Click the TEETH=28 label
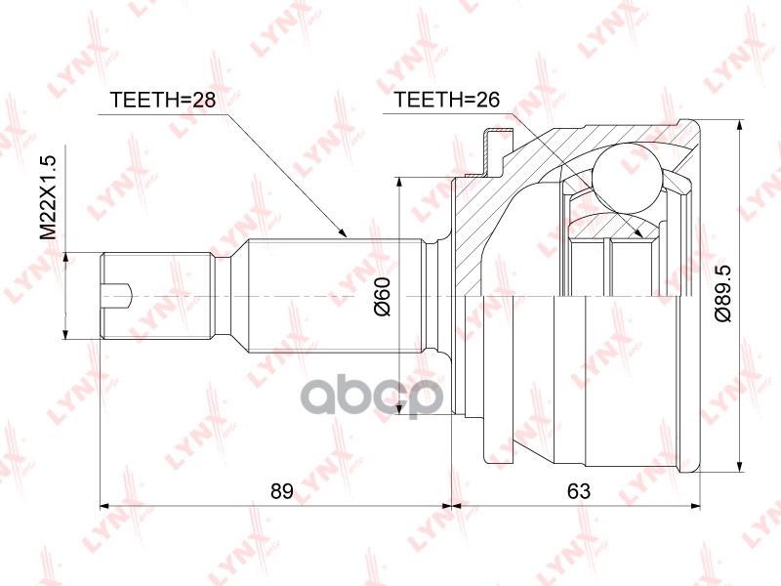[x=163, y=100]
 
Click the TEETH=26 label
[x=447, y=100]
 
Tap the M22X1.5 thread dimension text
[x=50, y=197]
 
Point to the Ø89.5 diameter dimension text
[x=722, y=294]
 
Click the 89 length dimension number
[x=282, y=491]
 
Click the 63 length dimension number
[x=579, y=491]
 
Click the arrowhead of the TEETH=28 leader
[x=341, y=232]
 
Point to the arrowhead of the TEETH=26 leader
[x=638, y=232]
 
